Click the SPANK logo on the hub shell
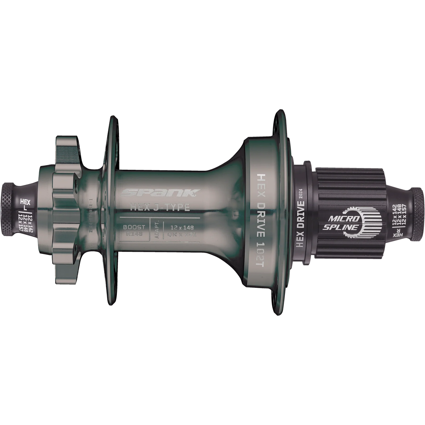click(x=160, y=193)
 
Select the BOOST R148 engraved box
click(x=132, y=230)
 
